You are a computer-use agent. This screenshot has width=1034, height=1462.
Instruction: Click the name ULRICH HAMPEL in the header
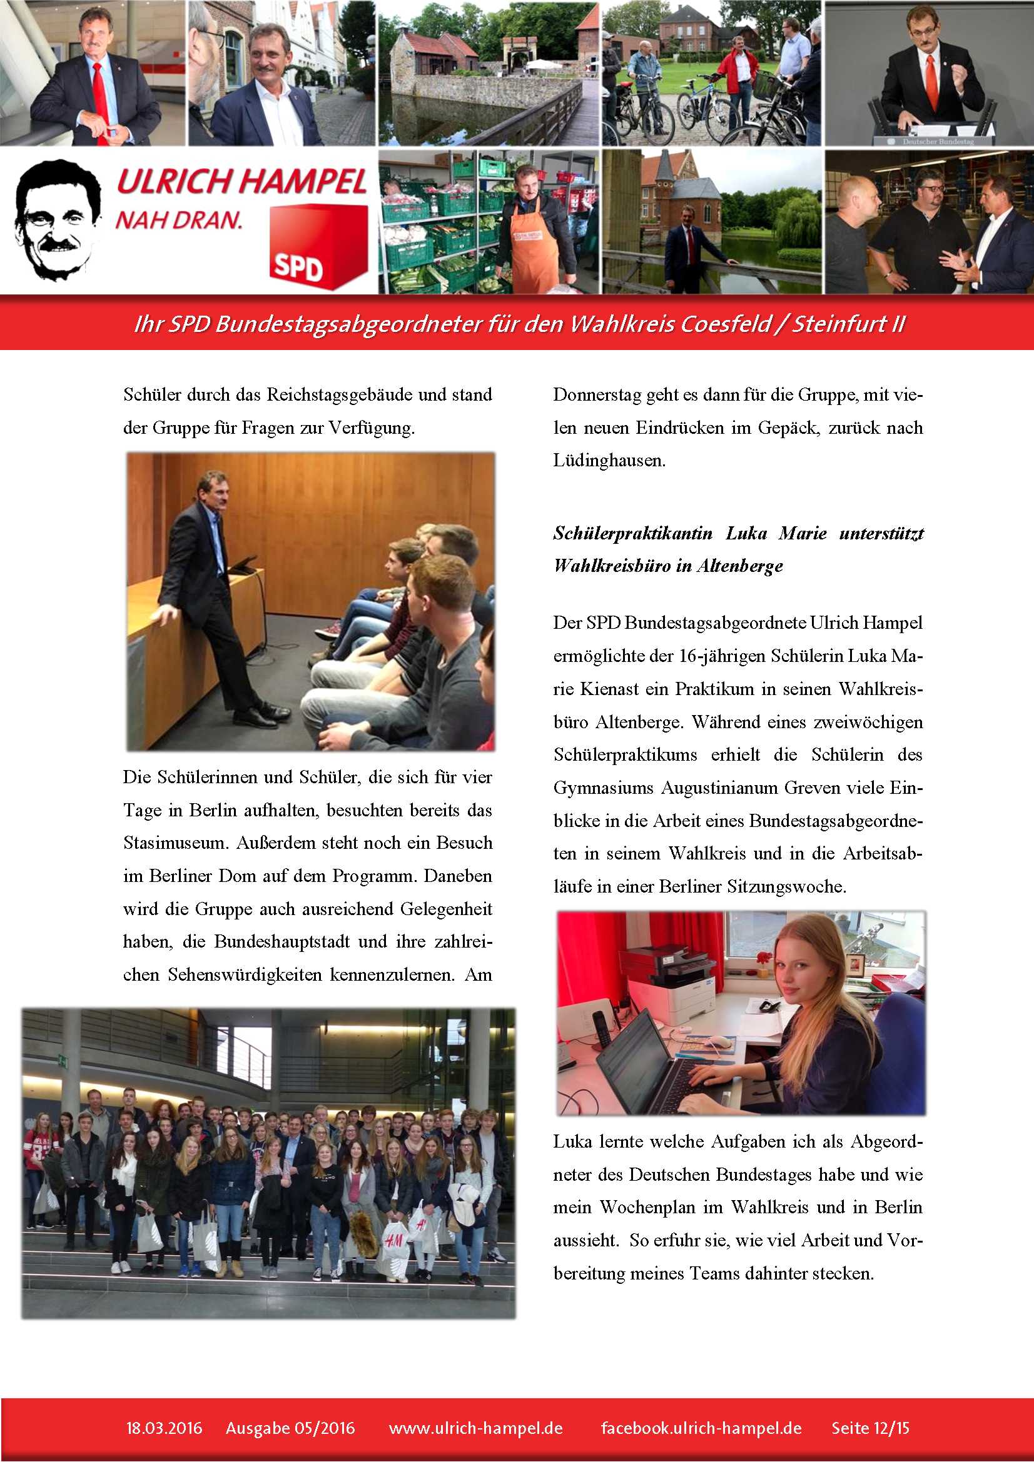tap(241, 182)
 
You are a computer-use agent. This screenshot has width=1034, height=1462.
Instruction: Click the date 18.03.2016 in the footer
tap(164, 1428)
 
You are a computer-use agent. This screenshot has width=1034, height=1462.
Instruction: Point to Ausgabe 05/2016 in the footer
tap(290, 1428)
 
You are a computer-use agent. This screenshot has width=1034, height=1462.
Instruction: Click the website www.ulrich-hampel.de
tap(476, 1428)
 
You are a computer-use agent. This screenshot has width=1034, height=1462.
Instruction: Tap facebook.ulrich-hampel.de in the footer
tap(701, 1428)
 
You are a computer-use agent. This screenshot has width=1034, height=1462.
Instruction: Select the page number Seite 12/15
tap(870, 1428)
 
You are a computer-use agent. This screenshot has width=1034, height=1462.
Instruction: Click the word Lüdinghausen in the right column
tap(609, 461)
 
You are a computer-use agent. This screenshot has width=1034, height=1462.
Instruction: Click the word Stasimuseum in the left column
tap(175, 843)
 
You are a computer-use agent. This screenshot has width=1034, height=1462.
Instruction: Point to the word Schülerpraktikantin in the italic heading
tap(632, 533)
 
